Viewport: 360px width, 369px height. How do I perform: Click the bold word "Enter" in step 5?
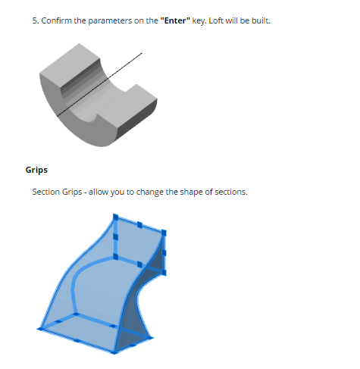pyautogui.click(x=175, y=20)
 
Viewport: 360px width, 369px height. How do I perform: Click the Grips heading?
pyautogui.click(x=36, y=170)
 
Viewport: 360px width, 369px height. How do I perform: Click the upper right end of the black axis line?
pyautogui.click(x=142, y=53)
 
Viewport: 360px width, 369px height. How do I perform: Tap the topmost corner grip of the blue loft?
pyautogui.click(x=115, y=217)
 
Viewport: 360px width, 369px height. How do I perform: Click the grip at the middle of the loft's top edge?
pyautogui.click(x=139, y=224)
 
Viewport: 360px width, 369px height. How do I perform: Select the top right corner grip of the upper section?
pyautogui.click(x=164, y=233)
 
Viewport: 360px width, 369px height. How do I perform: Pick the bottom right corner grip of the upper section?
pyautogui.click(x=164, y=272)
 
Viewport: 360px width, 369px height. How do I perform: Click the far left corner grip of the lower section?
pyautogui.click(x=39, y=329)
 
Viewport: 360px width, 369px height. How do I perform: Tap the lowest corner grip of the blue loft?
pyautogui.click(x=114, y=352)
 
